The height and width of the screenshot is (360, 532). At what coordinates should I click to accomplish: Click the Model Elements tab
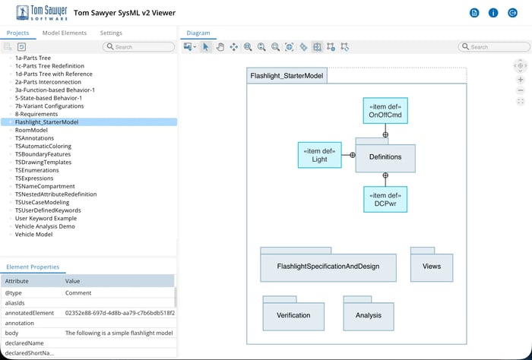tap(65, 33)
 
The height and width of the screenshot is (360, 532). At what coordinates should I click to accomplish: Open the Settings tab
tap(111, 33)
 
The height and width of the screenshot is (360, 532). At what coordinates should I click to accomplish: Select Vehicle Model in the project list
tap(34, 234)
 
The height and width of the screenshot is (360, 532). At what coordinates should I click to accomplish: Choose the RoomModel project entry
tap(31, 130)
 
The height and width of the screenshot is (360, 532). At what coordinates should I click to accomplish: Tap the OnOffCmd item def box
tap(385, 111)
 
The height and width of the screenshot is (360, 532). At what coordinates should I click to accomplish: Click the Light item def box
tap(319, 155)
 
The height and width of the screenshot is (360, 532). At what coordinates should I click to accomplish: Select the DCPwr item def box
tap(385, 199)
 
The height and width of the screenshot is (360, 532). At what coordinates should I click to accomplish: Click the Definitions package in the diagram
tap(385, 156)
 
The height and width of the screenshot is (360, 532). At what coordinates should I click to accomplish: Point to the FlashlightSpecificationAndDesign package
tap(328, 267)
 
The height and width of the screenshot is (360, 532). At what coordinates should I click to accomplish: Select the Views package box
tap(431, 267)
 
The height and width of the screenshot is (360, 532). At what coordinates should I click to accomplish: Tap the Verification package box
tap(293, 315)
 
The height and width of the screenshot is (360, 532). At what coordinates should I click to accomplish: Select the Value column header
tap(73, 281)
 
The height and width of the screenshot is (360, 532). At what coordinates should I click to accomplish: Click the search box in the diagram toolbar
tap(494, 47)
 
